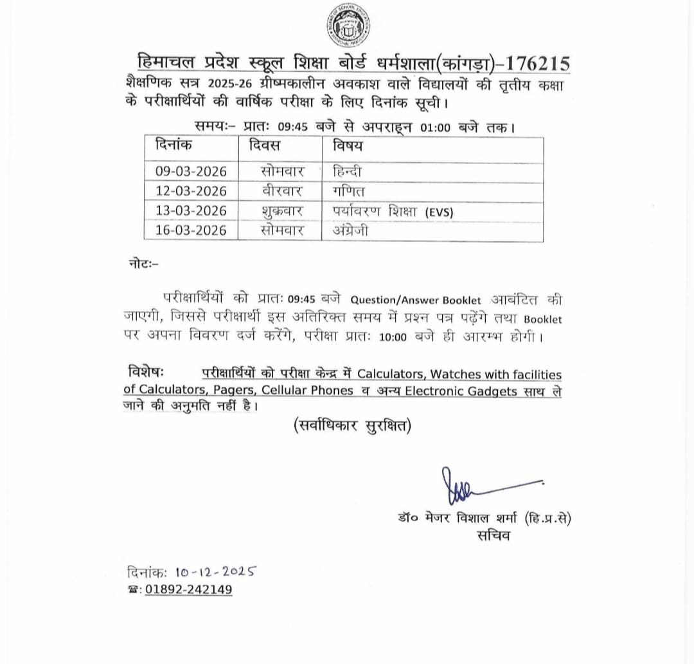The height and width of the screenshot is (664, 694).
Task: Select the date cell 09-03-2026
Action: click(191, 172)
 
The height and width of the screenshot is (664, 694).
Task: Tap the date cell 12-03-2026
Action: click(191, 191)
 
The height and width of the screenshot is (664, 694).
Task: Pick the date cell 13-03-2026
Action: click(191, 210)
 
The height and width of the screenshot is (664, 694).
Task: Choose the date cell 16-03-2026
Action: click(191, 230)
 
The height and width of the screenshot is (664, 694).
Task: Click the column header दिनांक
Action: click(173, 146)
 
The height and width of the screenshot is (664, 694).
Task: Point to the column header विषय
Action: click(347, 146)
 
